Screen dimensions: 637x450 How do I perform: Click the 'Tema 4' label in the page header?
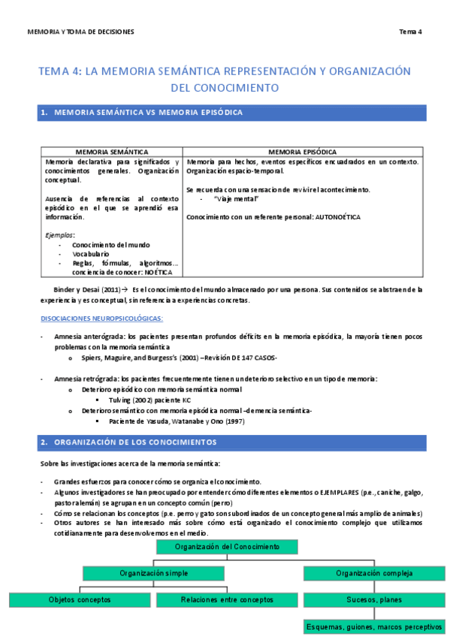click(x=410, y=32)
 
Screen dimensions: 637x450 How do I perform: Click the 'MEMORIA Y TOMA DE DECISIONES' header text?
click(x=80, y=32)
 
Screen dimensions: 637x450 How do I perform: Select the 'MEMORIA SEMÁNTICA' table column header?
click(x=111, y=152)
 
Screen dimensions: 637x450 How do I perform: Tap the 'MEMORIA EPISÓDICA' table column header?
click(x=302, y=152)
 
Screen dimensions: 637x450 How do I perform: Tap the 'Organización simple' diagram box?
click(x=153, y=573)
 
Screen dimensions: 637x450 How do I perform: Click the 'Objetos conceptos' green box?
click(x=79, y=599)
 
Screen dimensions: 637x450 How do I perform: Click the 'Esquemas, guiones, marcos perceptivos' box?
click(x=373, y=626)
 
